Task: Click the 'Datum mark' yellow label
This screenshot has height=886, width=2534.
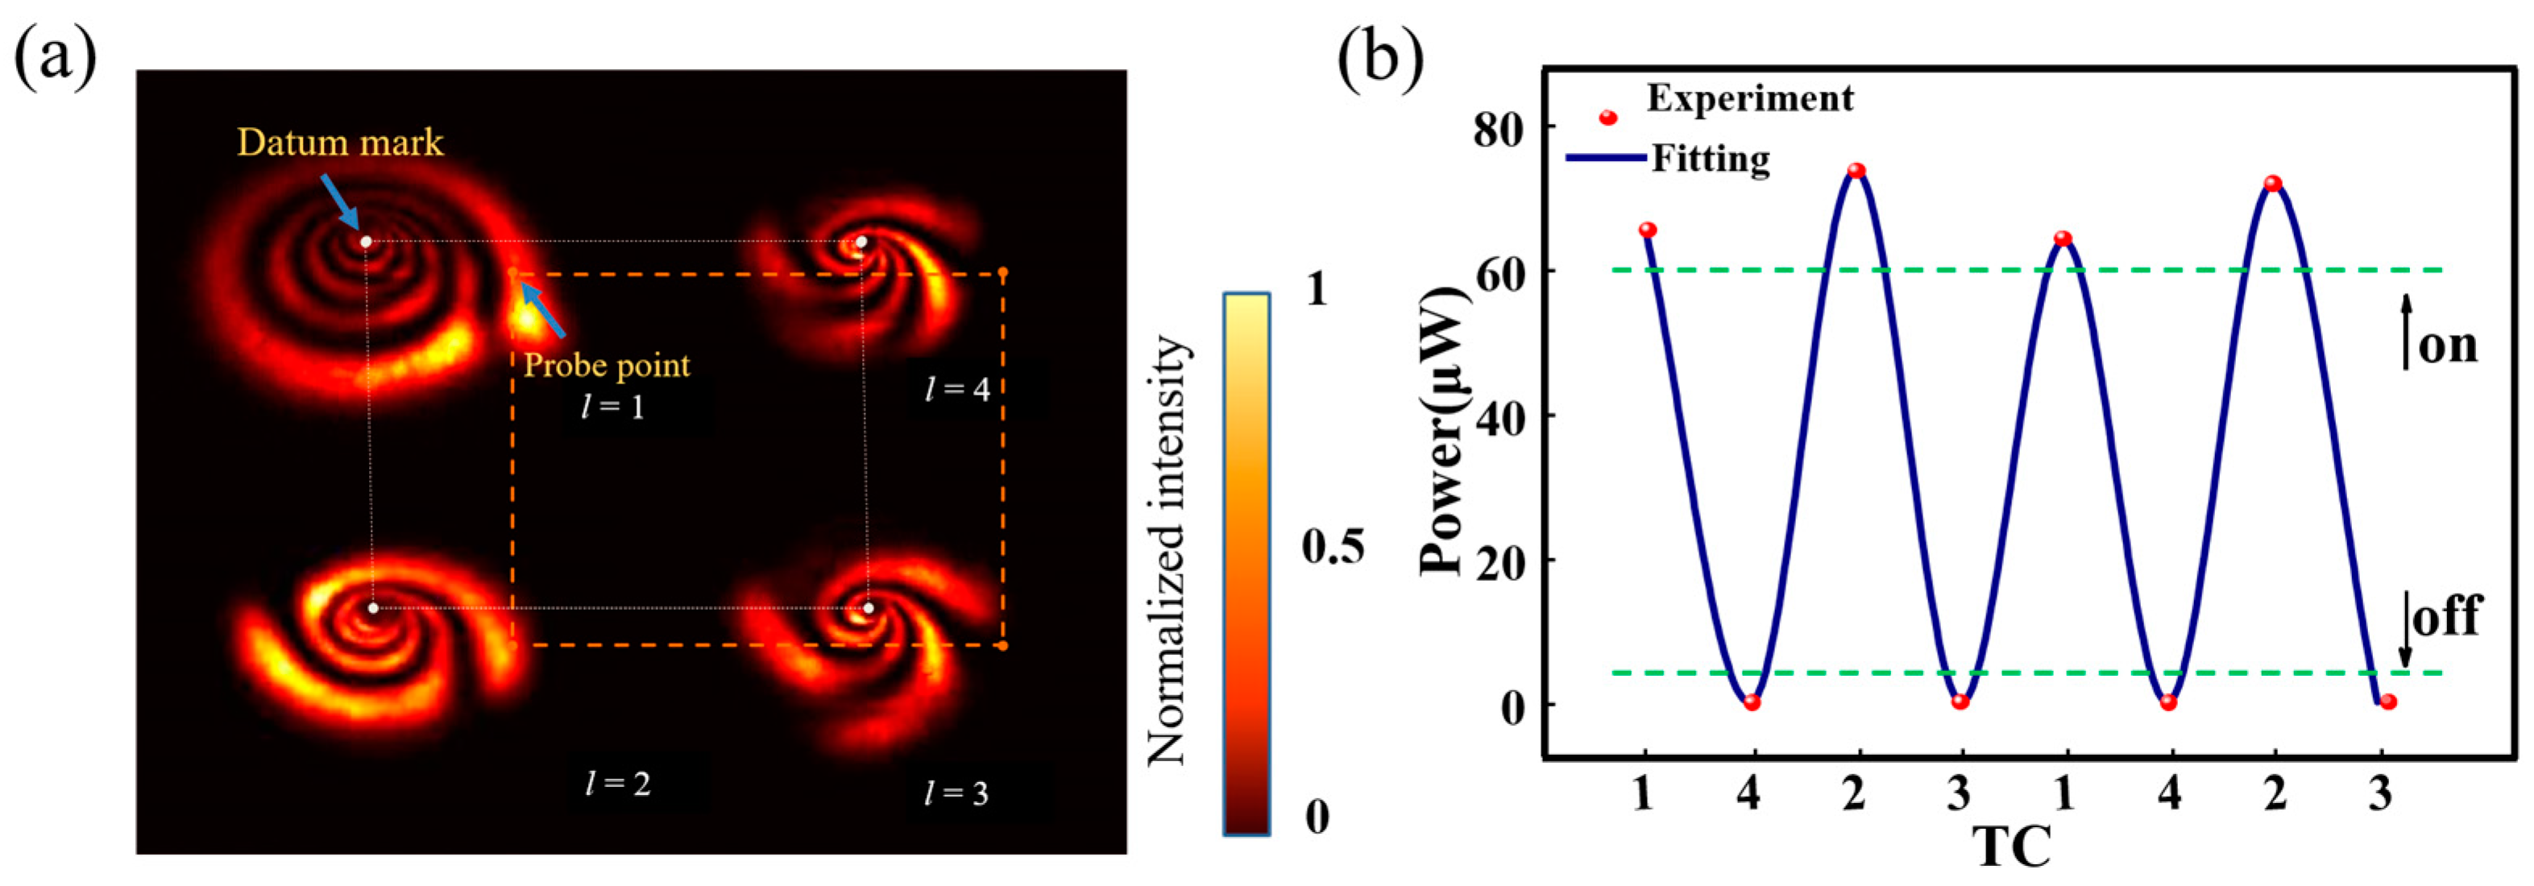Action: (339, 143)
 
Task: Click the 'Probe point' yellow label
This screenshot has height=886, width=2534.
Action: (606, 366)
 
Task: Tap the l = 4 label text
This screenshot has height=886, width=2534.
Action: (957, 389)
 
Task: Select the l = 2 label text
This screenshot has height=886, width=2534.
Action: (618, 784)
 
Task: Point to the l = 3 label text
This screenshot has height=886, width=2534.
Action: (956, 793)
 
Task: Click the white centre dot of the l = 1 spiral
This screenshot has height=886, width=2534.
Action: (366, 241)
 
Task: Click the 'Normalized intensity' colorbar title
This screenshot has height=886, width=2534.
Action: (1168, 551)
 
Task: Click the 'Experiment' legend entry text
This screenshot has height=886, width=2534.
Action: (1750, 98)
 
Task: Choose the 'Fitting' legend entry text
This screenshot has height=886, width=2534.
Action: (1711, 159)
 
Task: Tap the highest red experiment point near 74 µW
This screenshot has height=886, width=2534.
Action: (1856, 171)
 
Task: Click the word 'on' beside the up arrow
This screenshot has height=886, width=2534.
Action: (2448, 346)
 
